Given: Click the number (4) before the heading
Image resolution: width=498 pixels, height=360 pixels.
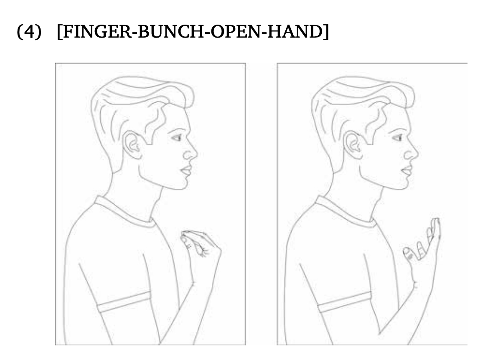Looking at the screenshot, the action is [x=29, y=32].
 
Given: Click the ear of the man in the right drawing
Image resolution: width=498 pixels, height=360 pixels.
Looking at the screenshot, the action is [x=353, y=145].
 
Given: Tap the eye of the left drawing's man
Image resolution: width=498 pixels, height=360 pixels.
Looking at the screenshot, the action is [x=177, y=137].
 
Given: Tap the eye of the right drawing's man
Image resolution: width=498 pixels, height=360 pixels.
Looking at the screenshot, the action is [x=397, y=137].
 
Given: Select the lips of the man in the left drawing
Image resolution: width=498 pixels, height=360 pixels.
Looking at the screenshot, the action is [x=186, y=170].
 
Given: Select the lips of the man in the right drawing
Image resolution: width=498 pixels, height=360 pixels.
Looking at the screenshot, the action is [x=407, y=170].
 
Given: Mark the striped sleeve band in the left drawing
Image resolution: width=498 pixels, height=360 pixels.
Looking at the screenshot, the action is [x=124, y=302].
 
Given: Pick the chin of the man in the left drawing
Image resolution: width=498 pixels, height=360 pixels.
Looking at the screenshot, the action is [x=182, y=185].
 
